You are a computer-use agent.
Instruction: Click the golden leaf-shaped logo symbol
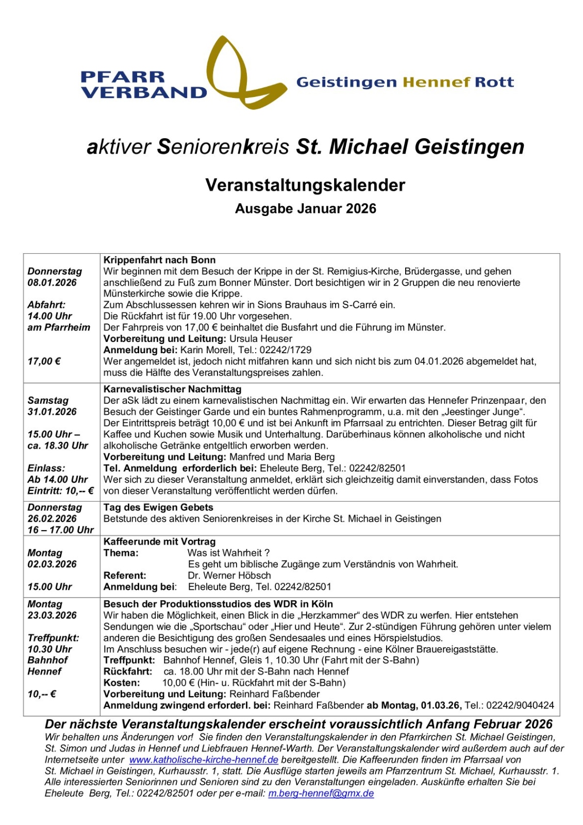click(242, 75)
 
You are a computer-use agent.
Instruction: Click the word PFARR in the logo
click(122, 77)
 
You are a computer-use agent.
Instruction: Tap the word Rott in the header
click(494, 82)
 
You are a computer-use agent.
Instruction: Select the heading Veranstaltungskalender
click(305, 185)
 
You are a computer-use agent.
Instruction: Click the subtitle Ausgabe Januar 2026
click(305, 209)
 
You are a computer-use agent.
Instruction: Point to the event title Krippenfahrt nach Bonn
click(159, 260)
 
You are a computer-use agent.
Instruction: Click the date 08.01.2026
click(52, 283)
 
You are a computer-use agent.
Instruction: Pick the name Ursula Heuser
click(261, 339)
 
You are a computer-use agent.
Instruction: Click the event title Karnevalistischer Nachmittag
click(172, 389)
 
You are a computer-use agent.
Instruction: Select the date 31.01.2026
click(52, 411)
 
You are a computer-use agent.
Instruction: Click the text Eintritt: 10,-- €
click(60, 491)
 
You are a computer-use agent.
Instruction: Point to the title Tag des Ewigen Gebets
click(158, 507)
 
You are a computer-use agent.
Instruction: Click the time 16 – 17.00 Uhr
click(60, 530)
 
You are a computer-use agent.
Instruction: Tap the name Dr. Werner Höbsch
click(229, 575)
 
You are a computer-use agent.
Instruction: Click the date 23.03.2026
click(52, 615)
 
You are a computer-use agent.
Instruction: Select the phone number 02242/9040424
click(520, 705)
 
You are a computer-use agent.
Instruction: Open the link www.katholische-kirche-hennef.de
click(204, 760)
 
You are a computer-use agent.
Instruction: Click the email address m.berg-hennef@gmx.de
click(321, 794)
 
